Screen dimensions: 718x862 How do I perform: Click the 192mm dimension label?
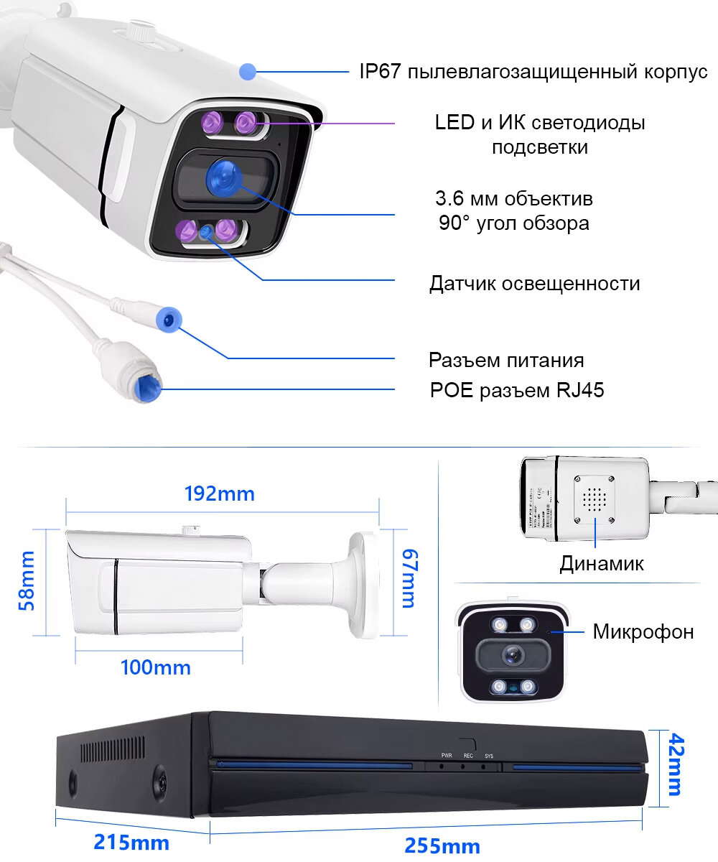220,493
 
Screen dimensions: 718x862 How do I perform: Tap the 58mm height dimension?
27,580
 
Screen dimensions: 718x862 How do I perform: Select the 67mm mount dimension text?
409,578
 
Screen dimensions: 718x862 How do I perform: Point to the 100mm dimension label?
155,667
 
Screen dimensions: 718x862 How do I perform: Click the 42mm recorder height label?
674,764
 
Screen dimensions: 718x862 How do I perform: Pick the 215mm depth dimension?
131,842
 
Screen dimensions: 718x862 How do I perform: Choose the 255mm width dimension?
442,845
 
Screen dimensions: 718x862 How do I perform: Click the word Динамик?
602,563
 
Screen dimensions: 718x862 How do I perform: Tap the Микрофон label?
643,632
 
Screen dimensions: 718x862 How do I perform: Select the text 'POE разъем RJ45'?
517,391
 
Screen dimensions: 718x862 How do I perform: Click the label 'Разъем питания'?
506,360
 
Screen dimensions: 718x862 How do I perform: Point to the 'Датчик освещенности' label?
534,283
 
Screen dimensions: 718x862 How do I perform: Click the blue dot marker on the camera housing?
248,71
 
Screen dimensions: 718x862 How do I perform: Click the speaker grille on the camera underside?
592,497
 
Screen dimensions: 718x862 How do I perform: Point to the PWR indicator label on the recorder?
446,756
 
